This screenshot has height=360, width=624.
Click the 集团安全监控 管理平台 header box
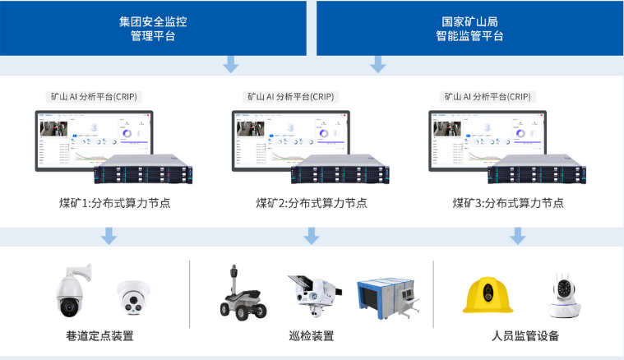pos(153,26)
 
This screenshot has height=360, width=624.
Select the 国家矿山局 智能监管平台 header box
pos(469,26)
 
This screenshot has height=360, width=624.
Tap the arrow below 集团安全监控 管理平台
pos(232,64)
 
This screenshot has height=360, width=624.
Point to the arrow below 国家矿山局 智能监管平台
pos(378,64)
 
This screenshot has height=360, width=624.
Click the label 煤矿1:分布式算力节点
pos(114,203)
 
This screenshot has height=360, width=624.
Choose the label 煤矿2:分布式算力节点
pos(311,203)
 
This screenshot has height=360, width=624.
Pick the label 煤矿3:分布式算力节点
pos(508,203)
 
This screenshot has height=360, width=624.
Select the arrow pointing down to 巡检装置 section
pos(311,236)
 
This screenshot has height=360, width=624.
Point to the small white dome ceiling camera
pos(134,297)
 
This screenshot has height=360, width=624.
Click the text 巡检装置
pos(311,336)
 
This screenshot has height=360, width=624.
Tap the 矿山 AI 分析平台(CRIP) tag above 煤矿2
pos(290,96)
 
